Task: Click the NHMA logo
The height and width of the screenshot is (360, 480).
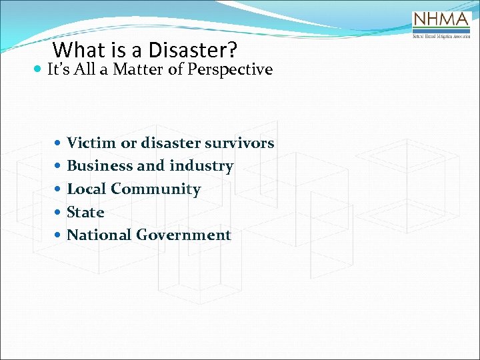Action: coord(442,26)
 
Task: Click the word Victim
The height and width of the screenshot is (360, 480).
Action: coord(89,143)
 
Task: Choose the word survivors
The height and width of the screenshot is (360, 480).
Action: coord(241,143)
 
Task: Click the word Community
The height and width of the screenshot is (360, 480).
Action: coord(155,189)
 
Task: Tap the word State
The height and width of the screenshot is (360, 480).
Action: coord(86,213)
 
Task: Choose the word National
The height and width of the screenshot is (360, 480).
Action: coord(99,235)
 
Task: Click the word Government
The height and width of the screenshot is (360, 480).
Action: coord(183,235)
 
